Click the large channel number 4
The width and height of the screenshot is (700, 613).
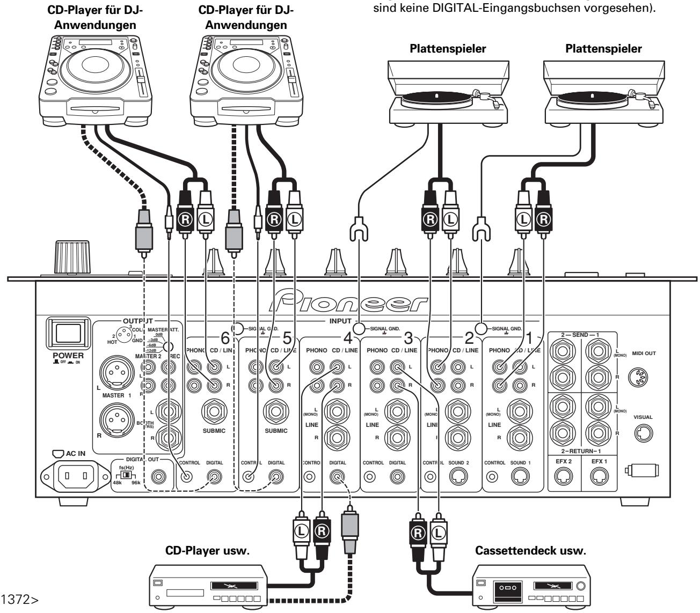click(x=349, y=338)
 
